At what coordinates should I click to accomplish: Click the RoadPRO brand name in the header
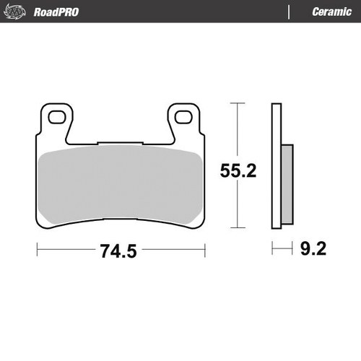(x=56, y=12)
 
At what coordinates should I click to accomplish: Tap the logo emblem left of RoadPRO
(x=17, y=12)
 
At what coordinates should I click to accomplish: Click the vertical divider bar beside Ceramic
(x=289, y=12)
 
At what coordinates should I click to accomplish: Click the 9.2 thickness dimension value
(x=312, y=251)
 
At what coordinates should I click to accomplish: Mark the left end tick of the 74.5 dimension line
(x=37, y=251)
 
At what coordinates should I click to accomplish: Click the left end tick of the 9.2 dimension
(x=273, y=251)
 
